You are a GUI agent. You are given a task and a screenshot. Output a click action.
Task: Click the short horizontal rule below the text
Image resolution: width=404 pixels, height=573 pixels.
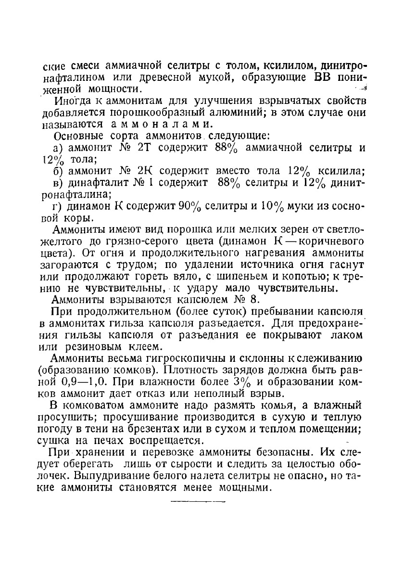198,501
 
